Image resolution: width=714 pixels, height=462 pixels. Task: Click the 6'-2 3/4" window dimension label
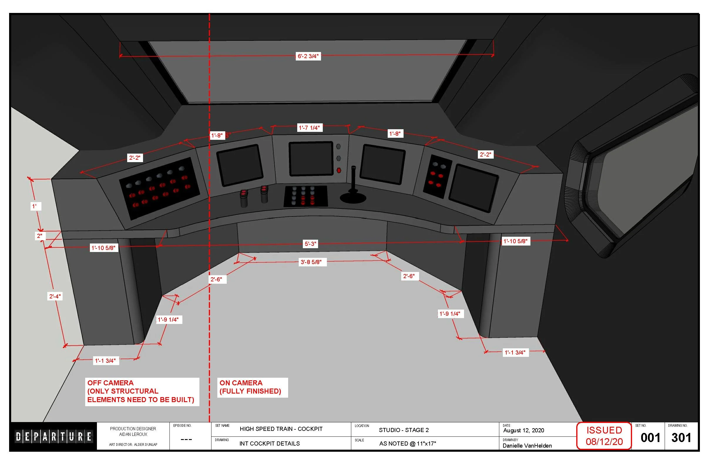[308, 56]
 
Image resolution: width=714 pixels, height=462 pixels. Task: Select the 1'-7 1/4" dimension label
[309, 128]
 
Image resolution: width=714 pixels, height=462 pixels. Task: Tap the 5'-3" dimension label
[310, 244]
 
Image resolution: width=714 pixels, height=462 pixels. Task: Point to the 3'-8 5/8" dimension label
[311, 262]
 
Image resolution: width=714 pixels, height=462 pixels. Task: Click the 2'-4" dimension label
[55, 296]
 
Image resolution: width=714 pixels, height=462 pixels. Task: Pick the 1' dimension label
[35, 206]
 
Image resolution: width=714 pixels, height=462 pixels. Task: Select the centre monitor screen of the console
[311, 158]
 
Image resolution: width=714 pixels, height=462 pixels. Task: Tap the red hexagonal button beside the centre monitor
[339, 170]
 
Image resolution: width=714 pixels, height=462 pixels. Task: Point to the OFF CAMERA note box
[142, 392]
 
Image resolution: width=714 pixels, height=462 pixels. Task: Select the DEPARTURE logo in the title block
[54, 436]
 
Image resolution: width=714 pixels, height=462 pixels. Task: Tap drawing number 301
[681, 438]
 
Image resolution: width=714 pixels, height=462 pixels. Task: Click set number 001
[650, 438]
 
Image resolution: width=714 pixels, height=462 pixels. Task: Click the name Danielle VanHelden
[527, 446]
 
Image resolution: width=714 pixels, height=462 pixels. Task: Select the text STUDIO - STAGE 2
[404, 430]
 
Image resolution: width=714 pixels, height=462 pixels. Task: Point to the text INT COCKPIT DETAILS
[269, 444]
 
